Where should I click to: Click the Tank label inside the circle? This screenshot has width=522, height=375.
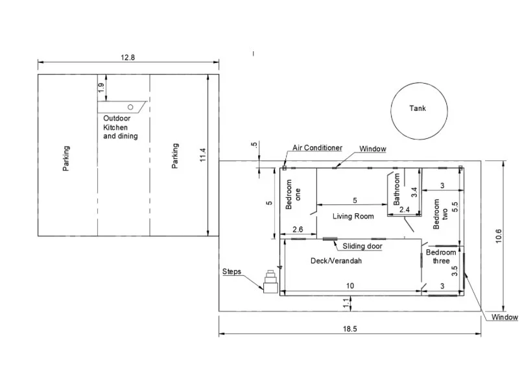pos(418,108)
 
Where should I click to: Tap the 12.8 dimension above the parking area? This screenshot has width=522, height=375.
pos(128,57)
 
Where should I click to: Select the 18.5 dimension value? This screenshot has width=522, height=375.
pos(350,329)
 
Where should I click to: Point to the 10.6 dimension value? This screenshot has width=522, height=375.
pos(499,236)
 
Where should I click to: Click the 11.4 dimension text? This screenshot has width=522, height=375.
pos(203,155)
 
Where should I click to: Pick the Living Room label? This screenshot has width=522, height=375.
pos(353,216)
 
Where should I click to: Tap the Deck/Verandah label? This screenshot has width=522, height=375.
pos(337,260)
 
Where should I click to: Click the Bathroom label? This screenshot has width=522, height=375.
pos(396,189)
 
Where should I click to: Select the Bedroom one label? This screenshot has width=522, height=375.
pos(293,195)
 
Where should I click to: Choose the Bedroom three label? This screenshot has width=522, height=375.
pos(441,256)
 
